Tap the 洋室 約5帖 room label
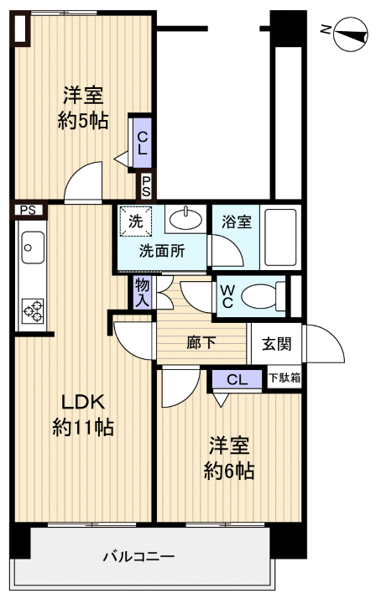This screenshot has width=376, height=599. (x=82, y=107)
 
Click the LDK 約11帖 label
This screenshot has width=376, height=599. (x=82, y=414)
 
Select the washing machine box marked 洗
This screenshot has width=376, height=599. (x=135, y=222)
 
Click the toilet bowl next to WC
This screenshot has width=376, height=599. (x=263, y=295)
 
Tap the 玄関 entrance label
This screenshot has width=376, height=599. (x=276, y=343)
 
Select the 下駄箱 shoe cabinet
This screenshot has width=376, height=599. (x=285, y=379)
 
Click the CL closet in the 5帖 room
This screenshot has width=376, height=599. (x=142, y=144)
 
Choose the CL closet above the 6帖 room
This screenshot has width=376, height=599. (x=238, y=380)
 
